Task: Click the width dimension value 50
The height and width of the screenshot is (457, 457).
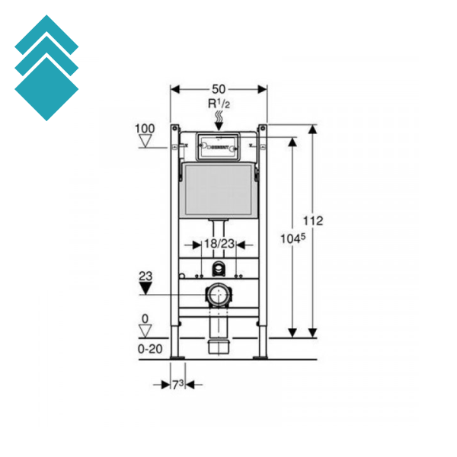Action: pos(219,89)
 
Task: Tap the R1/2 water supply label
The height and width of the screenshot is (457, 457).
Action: pos(219,104)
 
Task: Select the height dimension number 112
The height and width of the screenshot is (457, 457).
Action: pos(313,221)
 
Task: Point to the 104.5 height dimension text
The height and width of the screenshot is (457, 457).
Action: pos(292,238)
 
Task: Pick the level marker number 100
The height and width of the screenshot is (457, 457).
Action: pos(145,128)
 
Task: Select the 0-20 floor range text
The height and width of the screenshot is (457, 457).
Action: pos(149,348)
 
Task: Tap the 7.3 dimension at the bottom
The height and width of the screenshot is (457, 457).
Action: pos(177,385)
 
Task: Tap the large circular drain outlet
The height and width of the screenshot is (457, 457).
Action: pos(219,294)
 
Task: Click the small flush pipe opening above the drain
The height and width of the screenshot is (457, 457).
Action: pos(219,268)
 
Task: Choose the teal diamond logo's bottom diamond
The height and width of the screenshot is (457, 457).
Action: pos(46,88)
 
